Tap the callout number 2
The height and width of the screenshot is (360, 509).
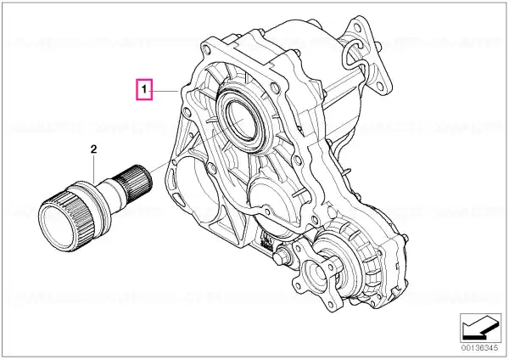93,149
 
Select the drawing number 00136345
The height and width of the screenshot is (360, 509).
480,348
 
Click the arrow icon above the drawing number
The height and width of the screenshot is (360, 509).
480,329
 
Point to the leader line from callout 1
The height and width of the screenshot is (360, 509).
165,92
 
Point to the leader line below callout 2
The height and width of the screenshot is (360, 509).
94,169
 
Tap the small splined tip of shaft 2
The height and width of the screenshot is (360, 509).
136,179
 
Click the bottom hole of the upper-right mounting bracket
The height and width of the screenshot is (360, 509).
379,86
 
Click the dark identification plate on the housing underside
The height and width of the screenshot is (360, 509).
267,241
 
